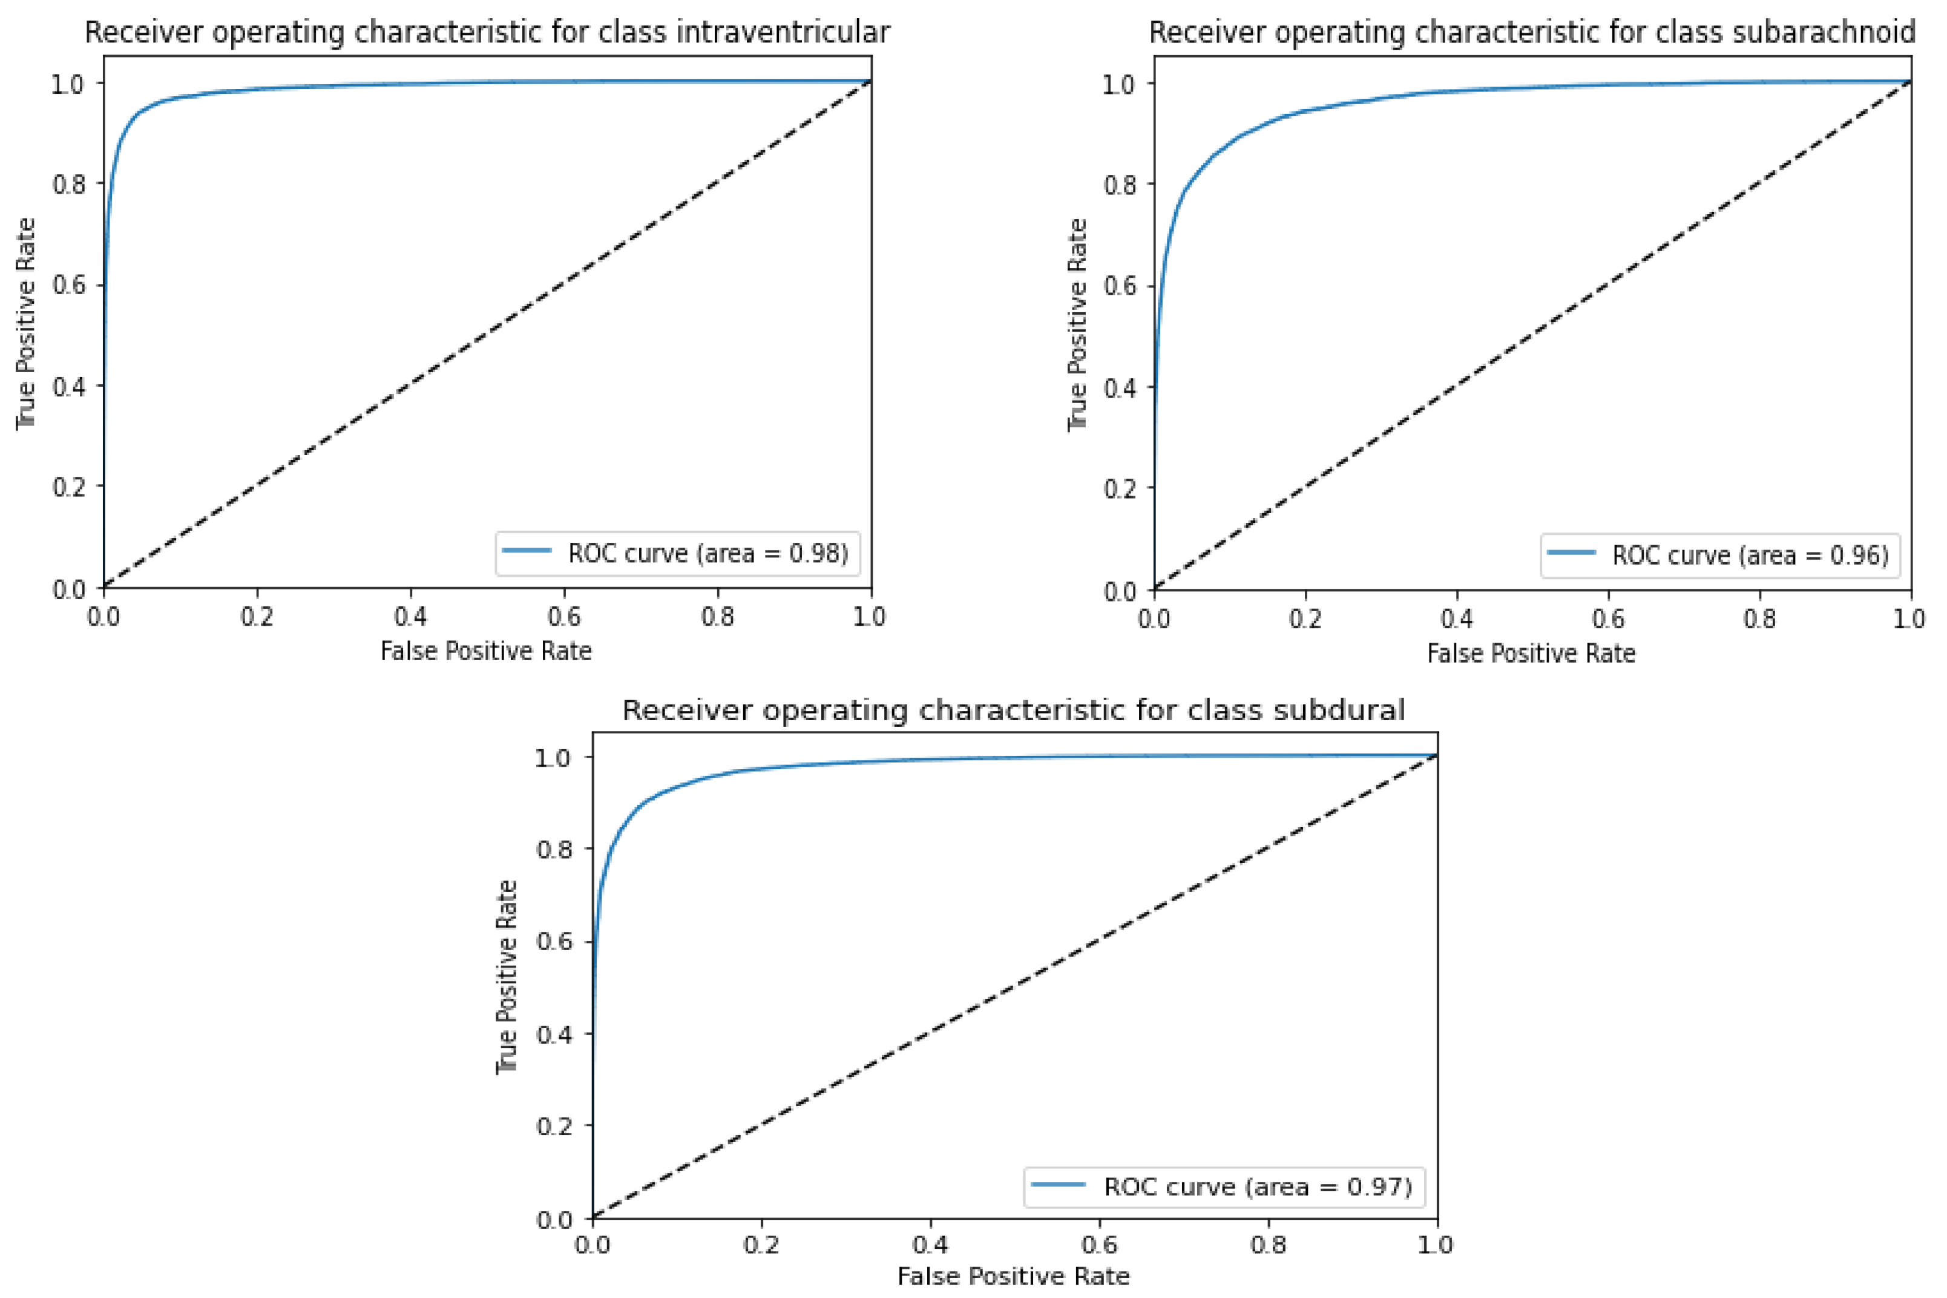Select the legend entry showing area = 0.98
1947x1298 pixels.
pyautogui.click(x=678, y=553)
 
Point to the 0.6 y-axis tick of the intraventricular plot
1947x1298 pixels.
pyautogui.click(x=69, y=285)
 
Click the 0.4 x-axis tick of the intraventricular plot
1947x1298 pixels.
pyautogui.click(x=410, y=617)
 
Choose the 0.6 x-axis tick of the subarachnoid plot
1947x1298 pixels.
pyautogui.click(x=1607, y=618)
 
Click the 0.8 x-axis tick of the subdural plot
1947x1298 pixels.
pyautogui.click(x=1268, y=1244)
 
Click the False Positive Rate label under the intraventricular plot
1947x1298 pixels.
pyautogui.click(x=486, y=652)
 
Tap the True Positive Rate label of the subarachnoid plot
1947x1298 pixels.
pyautogui.click(x=1076, y=324)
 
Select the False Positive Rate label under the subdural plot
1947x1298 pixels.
pyautogui.click(x=1013, y=1276)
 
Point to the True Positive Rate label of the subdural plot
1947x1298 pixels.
pyautogui.click(x=507, y=977)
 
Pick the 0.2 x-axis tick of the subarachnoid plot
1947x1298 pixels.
pyautogui.click(x=1305, y=618)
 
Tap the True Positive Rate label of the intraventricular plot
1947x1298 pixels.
pyautogui.click(x=25, y=323)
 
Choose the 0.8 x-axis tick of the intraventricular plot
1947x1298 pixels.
pyautogui.click(x=718, y=617)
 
